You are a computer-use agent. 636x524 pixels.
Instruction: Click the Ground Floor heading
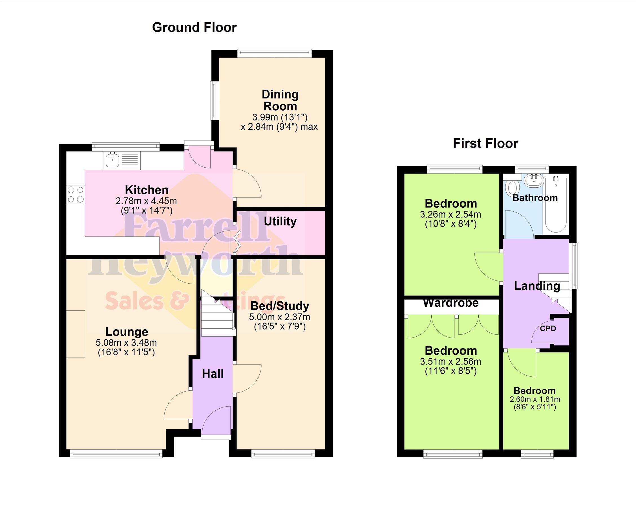(x=194, y=27)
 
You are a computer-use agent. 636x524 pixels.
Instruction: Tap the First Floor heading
(x=485, y=143)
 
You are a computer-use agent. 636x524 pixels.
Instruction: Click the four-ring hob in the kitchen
(x=76, y=195)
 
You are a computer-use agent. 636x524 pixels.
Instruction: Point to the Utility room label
(x=280, y=221)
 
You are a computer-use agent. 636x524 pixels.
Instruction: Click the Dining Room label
(x=280, y=100)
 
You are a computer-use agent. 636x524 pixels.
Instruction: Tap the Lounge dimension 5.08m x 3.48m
(x=126, y=343)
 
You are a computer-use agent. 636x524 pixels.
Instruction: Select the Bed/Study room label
(x=280, y=306)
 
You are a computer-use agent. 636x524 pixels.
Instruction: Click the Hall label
(x=213, y=374)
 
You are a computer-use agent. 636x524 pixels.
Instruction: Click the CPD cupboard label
(x=548, y=328)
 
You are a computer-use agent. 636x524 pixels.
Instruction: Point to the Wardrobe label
(x=451, y=303)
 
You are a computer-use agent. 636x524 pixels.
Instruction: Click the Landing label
(x=537, y=286)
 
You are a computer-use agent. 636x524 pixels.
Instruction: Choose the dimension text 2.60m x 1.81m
(x=535, y=399)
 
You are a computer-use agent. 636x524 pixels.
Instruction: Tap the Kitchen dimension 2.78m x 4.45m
(x=146, y=201)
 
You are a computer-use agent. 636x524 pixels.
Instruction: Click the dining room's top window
(x=274, y=53)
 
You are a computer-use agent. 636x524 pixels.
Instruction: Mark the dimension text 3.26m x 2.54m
(x=450, y=215)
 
